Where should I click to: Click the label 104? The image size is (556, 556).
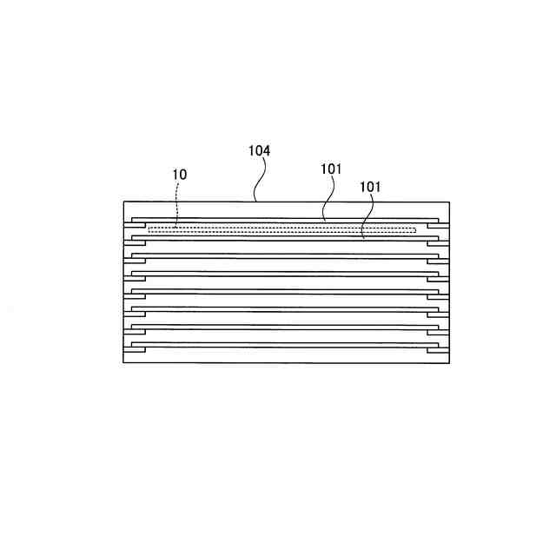tap(259, 150)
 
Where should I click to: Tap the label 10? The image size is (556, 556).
tap(179, 175)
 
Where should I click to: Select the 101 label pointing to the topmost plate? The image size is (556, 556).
tap(331, 169)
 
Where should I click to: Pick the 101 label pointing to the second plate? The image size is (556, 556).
tap(369, 186)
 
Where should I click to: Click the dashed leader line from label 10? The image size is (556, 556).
tap(177, 204)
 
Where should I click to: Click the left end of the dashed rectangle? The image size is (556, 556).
tap(149, 229)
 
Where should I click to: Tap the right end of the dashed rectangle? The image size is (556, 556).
tap(415, 229)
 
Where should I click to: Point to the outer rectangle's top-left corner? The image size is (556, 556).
tap(124, 202)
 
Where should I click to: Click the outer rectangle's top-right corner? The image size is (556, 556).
tap(449, 202)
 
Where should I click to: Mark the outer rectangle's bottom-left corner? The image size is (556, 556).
tap(124, 362)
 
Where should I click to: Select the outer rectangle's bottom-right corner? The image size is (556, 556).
tap(449, 362)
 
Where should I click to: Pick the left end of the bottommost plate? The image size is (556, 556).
tap(133, 345)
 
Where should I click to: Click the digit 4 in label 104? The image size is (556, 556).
tap(267, 150)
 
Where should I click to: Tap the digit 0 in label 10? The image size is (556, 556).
tap(182, 175)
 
